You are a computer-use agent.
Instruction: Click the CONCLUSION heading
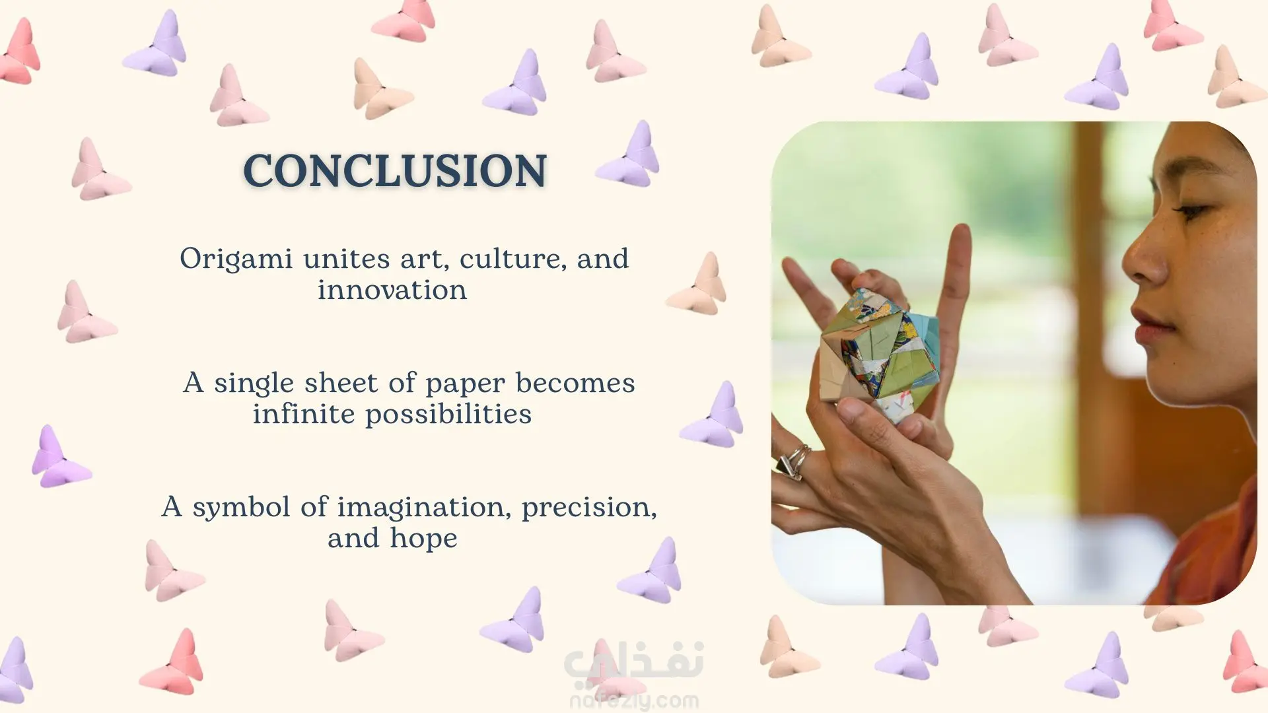coord(395,170)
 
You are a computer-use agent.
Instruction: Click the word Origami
coord(236,259)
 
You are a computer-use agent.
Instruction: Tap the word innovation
coord(392,290)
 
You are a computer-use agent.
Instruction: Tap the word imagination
coord(424,508)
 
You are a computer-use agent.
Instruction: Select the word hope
coord(423,539)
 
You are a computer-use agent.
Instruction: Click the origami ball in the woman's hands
coord(878,356)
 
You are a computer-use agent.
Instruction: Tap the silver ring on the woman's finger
coord(794,461)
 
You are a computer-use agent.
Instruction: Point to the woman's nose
coord(1143,261)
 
